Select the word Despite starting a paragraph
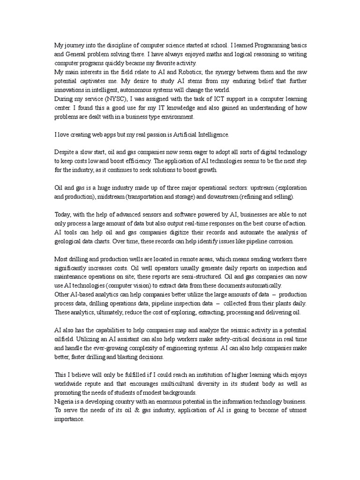[x=65, y=152]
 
